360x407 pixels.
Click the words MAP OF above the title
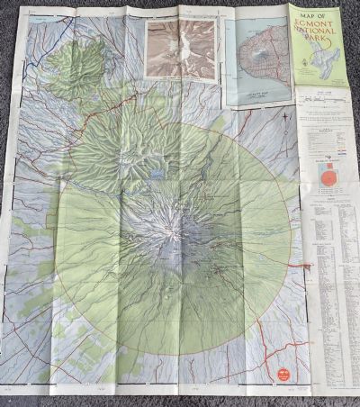315,15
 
